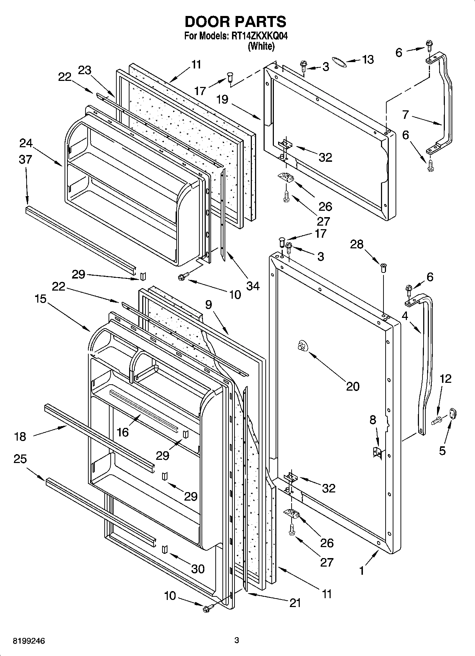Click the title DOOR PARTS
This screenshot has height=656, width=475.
(236, 22)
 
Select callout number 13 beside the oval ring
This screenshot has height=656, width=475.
(368, 60)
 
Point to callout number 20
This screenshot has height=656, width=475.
(352, 386)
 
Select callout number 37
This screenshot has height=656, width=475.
(26, 160)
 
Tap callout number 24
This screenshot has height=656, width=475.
(26, 143)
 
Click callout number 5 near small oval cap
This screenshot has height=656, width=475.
(442, 451)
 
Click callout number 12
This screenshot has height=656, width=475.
(446, 379)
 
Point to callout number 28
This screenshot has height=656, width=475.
(357, 244)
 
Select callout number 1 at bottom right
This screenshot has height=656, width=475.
(361, 571)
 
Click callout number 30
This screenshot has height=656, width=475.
(198, 569)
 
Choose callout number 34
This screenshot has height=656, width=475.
(253, 286)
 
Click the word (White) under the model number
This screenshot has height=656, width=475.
(261, 46)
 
